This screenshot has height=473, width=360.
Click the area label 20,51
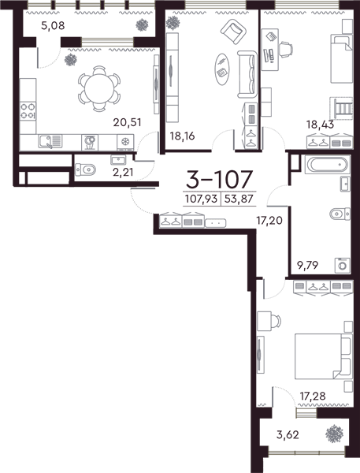pos(127,122)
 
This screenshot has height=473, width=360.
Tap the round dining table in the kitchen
pos(99,89)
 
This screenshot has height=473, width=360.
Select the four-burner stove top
pos(28,110)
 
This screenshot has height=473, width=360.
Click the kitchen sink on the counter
pos(50,141)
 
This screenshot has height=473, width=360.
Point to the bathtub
pos(328,165)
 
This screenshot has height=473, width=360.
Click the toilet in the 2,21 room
pos(85,169)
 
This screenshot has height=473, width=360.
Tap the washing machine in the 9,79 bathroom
pos(343,266)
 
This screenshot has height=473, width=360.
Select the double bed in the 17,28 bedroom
pos(324,356)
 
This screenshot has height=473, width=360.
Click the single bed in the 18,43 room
pos(341,58)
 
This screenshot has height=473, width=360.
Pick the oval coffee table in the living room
pos(222,69)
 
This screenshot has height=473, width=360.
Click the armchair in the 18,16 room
pos(233,30)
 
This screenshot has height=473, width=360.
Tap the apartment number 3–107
pos(219,179)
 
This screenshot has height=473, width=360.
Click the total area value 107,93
pos(201,199)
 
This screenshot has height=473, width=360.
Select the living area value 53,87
pos(239,199)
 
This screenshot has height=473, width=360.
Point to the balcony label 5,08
pos(53,26)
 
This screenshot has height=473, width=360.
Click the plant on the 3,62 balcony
pos(334,434)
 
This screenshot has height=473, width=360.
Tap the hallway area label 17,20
pos(269,221)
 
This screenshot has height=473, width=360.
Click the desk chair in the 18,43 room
pos(285,49)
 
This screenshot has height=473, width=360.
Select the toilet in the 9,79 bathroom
pos(340,214)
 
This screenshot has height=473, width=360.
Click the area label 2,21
pos(122,172)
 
